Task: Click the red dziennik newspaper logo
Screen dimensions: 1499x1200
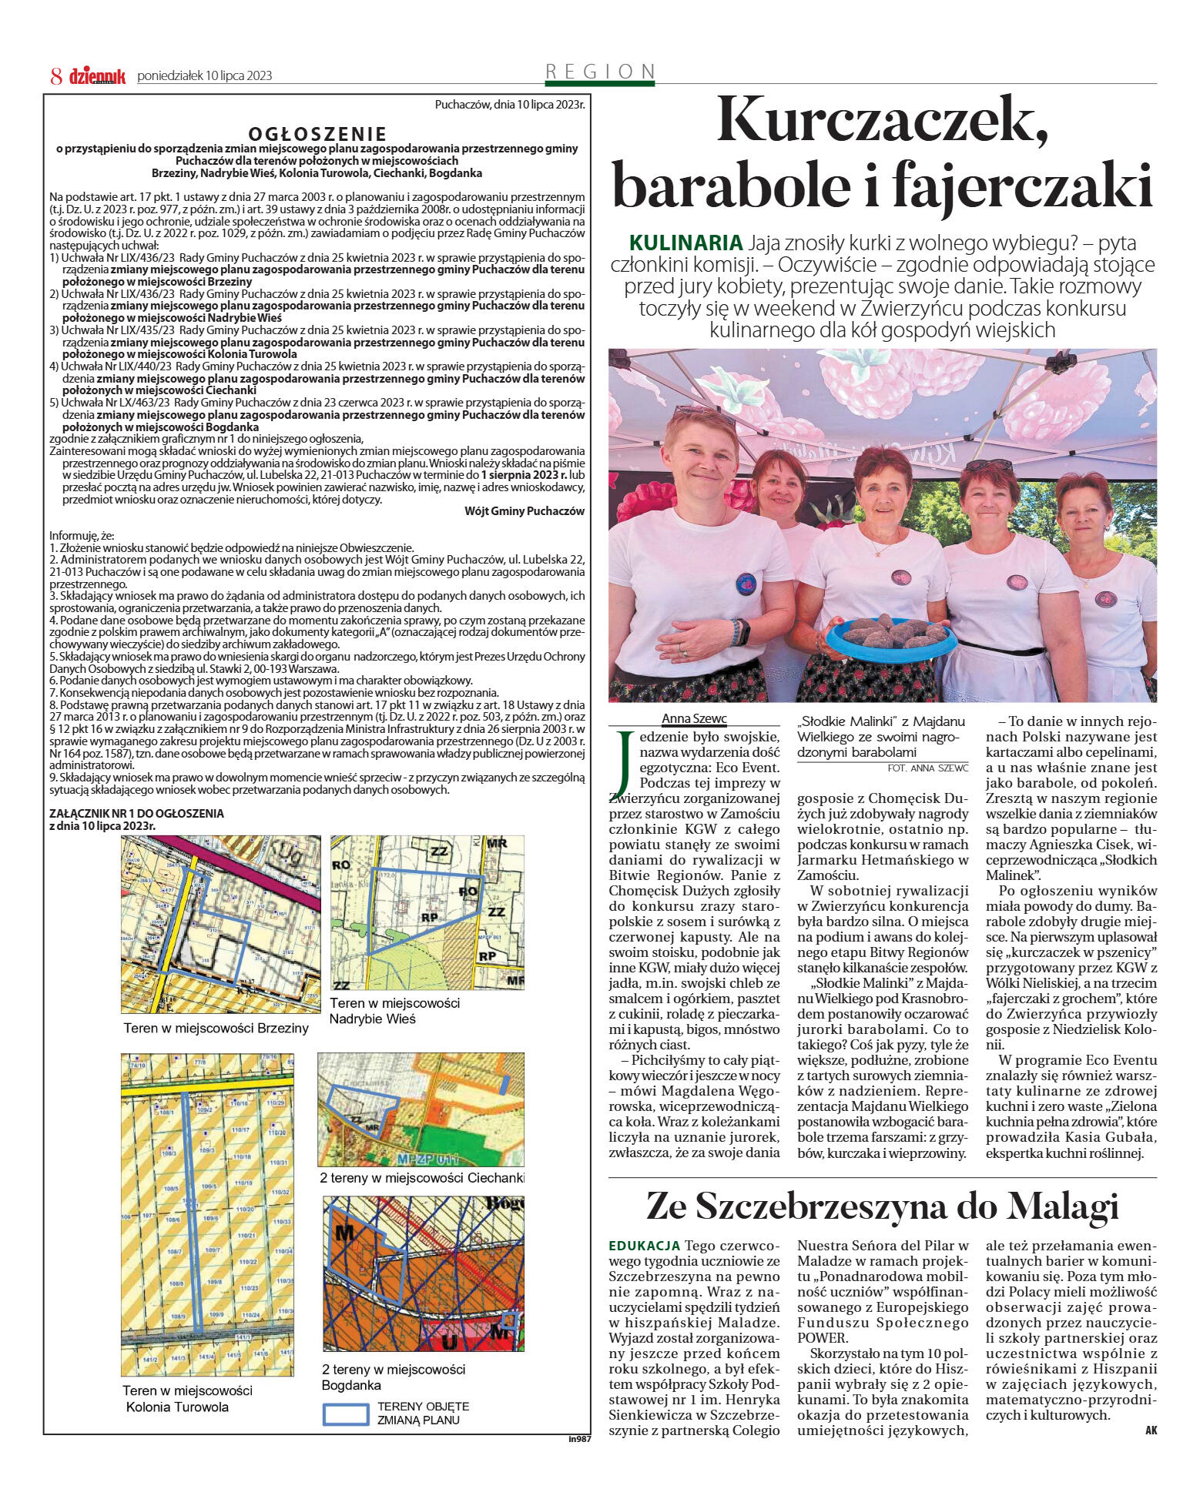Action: [97, 75]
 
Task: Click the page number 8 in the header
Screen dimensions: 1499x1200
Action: [56, 75]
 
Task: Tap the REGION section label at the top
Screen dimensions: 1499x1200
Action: [599, 72]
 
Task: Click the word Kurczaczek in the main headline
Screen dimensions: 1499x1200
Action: [883, 121]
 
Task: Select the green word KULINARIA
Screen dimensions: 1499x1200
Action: [685, 243]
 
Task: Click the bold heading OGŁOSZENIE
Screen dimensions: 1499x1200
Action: [317, 134]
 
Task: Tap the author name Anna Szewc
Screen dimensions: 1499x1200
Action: [694, 719]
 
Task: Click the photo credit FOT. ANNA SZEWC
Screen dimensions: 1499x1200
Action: [927, 768]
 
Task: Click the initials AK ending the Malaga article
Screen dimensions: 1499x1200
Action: [1150, 1430]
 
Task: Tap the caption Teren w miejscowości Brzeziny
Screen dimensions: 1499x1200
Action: [216, 1028]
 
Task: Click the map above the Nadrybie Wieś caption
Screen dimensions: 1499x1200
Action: [427, 913]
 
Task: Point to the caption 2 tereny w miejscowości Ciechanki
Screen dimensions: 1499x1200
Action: [422, 1178]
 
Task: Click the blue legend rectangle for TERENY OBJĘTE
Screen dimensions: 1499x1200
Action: [346, 1413]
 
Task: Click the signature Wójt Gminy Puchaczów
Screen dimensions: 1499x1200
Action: [525, 511]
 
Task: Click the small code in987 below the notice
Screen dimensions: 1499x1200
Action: [579, 1439]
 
